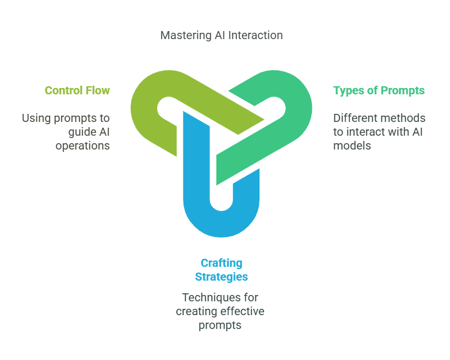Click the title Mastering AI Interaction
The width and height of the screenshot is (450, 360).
coord(222,35)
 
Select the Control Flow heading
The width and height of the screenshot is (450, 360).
coord(77,90)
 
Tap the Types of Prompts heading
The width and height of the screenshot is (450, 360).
coord(379,91)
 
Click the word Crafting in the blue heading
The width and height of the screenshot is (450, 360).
coord(222,263)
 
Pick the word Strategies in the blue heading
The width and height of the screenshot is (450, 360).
coord(222,277)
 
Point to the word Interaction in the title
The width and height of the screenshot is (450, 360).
coord(255,35)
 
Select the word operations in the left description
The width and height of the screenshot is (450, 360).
coord(83,146)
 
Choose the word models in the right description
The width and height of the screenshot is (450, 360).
coord(352,145)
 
